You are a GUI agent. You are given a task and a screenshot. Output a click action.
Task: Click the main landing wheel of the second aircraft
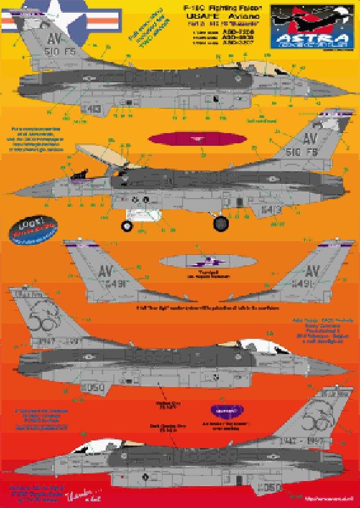click(x=221, y=222)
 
